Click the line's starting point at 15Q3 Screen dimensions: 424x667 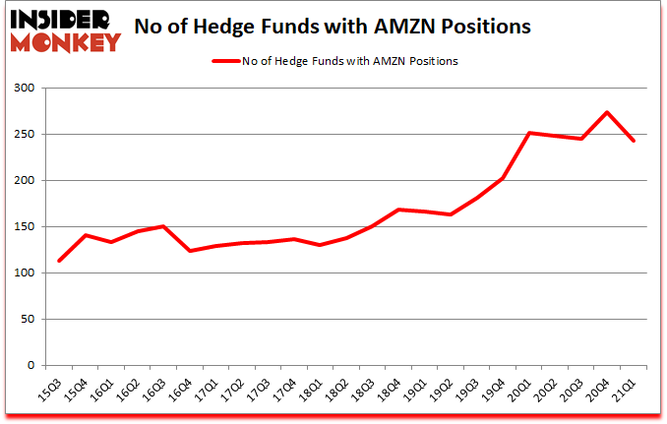pos(59,261)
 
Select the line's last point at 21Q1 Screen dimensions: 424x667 pos(635,141)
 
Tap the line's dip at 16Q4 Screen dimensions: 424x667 pos(190,251)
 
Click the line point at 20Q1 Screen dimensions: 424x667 pos(529,133)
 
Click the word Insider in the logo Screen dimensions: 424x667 pos(61,19)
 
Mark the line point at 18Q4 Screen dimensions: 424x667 pos(398,210)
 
